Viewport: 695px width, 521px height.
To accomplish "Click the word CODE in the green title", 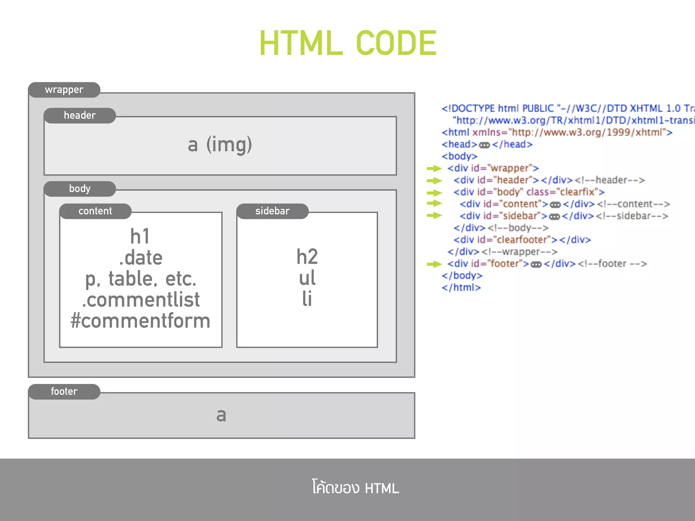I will [396, 43].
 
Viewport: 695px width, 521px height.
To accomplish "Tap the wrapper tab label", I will [64, 90].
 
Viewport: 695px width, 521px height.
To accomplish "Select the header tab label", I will [80, 116].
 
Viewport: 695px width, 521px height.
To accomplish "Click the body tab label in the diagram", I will [80, 189].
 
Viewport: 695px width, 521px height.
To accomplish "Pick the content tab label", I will [95, 211].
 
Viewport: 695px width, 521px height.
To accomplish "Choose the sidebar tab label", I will [272, 211].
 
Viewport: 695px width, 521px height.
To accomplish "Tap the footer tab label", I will [64, 391].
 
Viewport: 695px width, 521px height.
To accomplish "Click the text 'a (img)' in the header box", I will [220, 144].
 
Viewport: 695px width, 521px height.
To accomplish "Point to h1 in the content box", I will [140, 236].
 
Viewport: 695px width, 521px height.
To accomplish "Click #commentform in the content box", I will [140, 321].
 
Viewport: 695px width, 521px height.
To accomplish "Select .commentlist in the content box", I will [140, 300].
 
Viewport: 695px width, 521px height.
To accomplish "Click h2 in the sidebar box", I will [307, 256].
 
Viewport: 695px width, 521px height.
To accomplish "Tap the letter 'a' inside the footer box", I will [221, 415].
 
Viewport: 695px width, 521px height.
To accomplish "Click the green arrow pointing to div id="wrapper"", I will [434, 168].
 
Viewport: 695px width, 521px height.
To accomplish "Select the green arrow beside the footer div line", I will [434, 264].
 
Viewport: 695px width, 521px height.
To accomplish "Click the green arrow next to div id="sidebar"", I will [434, 215].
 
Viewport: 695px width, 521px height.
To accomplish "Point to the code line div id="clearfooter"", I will [522, 240].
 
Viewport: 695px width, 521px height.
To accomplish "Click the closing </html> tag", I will [461, 288].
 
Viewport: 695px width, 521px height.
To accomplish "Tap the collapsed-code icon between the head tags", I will [484, 145].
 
